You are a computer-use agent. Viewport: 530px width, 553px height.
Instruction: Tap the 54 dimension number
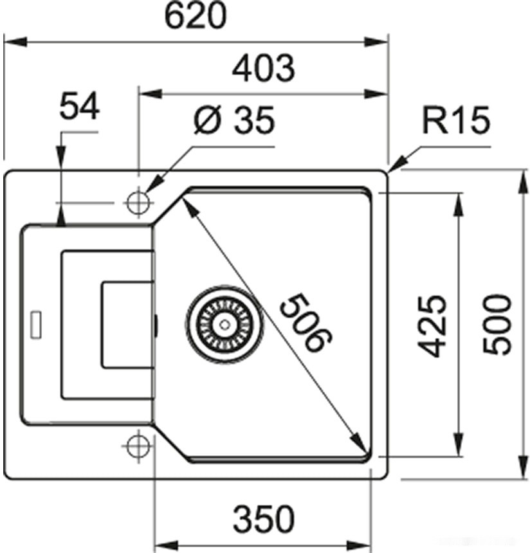point(80,106)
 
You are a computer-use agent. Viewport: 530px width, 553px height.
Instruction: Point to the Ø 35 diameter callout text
point(233,120)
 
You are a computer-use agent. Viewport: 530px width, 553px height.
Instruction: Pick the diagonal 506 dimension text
point(306,323)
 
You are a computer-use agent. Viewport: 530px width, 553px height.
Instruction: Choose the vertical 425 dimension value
point(430,325)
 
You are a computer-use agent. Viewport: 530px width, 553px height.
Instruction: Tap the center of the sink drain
point(223,325)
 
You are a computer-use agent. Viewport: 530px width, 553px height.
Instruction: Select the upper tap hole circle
point(137,203)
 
